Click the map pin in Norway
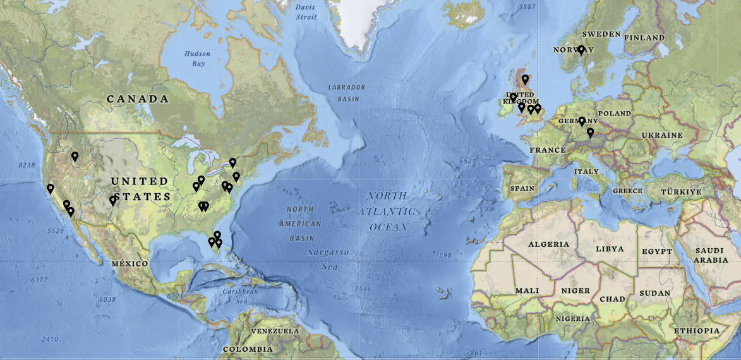click(581, 51)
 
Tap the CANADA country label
click(138, 99)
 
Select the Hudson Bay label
click(197, 59)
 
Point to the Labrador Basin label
click(344, 93)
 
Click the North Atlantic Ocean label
click(388, 211)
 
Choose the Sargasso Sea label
click(328, 258)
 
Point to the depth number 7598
click(443, 255)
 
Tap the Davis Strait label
click(306, 12)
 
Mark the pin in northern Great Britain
click(524, 80)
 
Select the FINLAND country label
click(644, 38)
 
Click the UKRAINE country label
click(662, 135)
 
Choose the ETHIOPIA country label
click(696, 331)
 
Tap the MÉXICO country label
click(130, 263)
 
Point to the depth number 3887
click(526, 7)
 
